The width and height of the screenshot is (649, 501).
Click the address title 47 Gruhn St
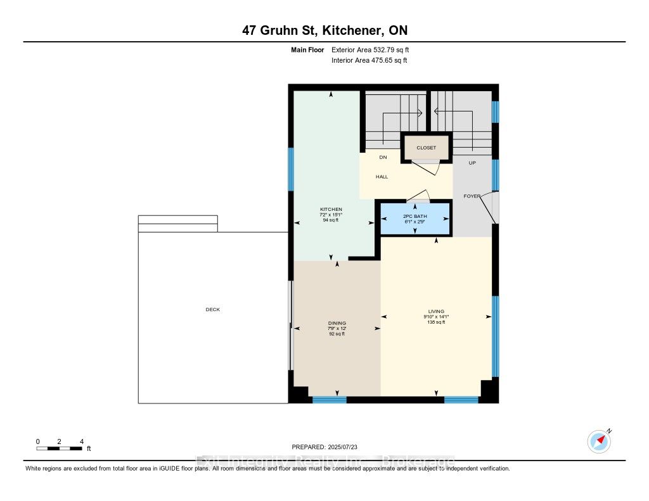(324, 30)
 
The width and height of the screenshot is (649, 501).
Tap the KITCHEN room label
(331, 210)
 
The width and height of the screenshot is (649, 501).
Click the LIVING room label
(436, 311)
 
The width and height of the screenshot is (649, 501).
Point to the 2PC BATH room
(415, 219)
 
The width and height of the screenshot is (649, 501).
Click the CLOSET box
(426, 148)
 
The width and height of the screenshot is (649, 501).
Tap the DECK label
(212, 310)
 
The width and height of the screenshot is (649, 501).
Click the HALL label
(382, 177)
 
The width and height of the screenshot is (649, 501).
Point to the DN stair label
(383, 158)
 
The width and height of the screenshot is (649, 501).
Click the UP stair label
(472, 163)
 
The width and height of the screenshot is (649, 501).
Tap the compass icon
(598, 441)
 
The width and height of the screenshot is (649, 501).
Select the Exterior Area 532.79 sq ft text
(375, 49)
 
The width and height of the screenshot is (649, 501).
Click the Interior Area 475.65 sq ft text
(369, 61)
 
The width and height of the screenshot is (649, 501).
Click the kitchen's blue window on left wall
(291, 169)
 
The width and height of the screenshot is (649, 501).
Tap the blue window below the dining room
(330, 400)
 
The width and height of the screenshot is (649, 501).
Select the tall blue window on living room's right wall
(496, 336)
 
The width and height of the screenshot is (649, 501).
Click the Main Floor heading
(307, 49)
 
